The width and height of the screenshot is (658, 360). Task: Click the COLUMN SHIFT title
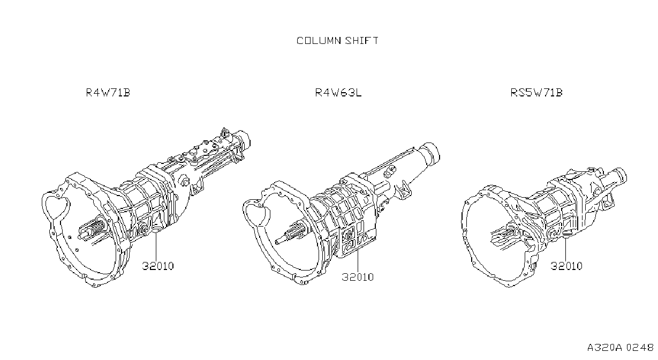[x=337, y=41]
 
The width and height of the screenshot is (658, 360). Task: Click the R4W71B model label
[x=108, y=93]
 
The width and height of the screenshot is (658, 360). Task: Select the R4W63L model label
[x=338, y=93]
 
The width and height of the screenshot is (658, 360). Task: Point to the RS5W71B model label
[x=536, y=93]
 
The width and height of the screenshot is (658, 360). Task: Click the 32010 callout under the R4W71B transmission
[x=158, y=266]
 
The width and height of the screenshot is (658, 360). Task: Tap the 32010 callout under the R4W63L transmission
[x=358, y=277]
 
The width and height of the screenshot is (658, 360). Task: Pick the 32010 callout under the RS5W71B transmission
[x=566, y=266]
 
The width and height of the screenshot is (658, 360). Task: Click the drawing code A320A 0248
[x=620, y=347]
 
